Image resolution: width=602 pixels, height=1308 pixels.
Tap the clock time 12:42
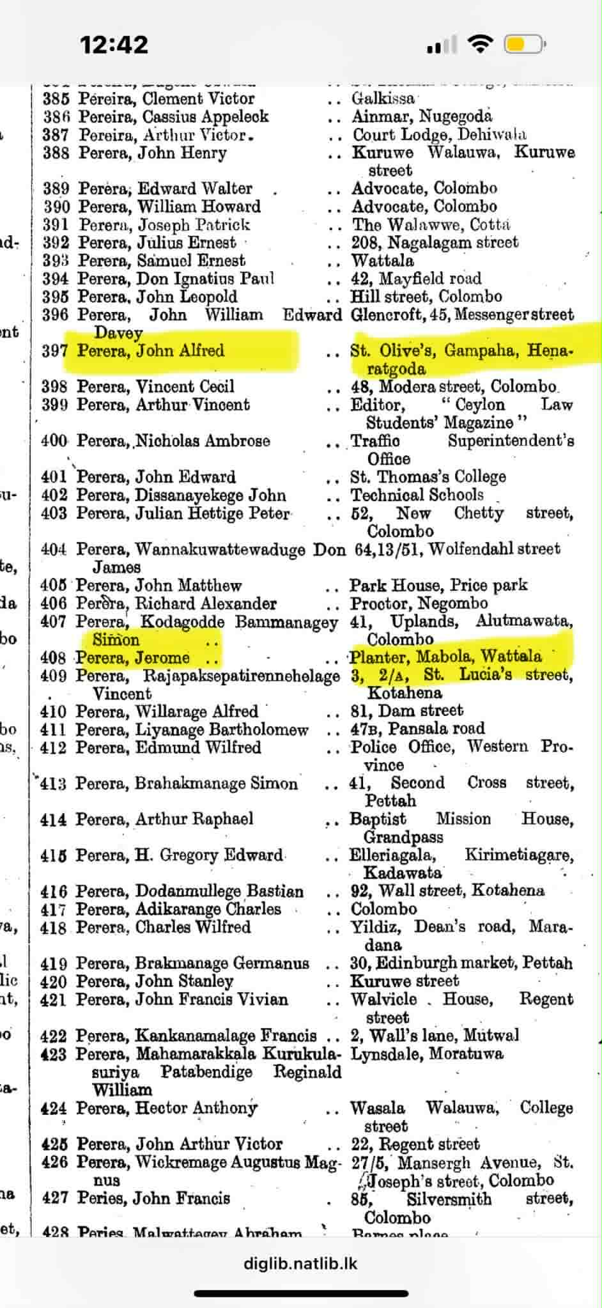click(x=114, y=45)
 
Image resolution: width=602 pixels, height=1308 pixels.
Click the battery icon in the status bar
click(x=523, y=45)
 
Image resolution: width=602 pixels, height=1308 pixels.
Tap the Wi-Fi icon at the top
click(x=480, y=44)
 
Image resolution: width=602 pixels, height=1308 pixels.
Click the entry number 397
click(x=54, y=351)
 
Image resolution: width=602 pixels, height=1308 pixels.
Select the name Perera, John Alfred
click(x=151, y=350)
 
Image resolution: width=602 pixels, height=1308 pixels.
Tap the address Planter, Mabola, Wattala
click(x=445, y=657)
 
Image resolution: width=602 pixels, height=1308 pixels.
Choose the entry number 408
click(x=53, y=658)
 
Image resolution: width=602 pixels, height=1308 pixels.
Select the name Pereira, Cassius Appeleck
click(x=173, y=117)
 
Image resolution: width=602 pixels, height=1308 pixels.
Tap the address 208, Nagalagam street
click(x=435, y=243)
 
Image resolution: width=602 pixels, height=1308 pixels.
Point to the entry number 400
click(x=54, y=441)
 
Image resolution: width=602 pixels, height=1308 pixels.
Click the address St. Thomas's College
click(x=428, y=477)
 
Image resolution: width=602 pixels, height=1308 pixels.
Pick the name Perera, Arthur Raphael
click(x=164, y=819)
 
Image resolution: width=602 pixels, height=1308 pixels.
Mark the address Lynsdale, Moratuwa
click(x=426, y=1054)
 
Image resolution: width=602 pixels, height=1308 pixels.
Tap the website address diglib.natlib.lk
click(x=300, y=1264)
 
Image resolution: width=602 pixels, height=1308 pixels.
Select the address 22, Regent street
click(x=414, y=1144)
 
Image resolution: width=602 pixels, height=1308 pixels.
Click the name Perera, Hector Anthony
click(x=167, y=1108)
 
